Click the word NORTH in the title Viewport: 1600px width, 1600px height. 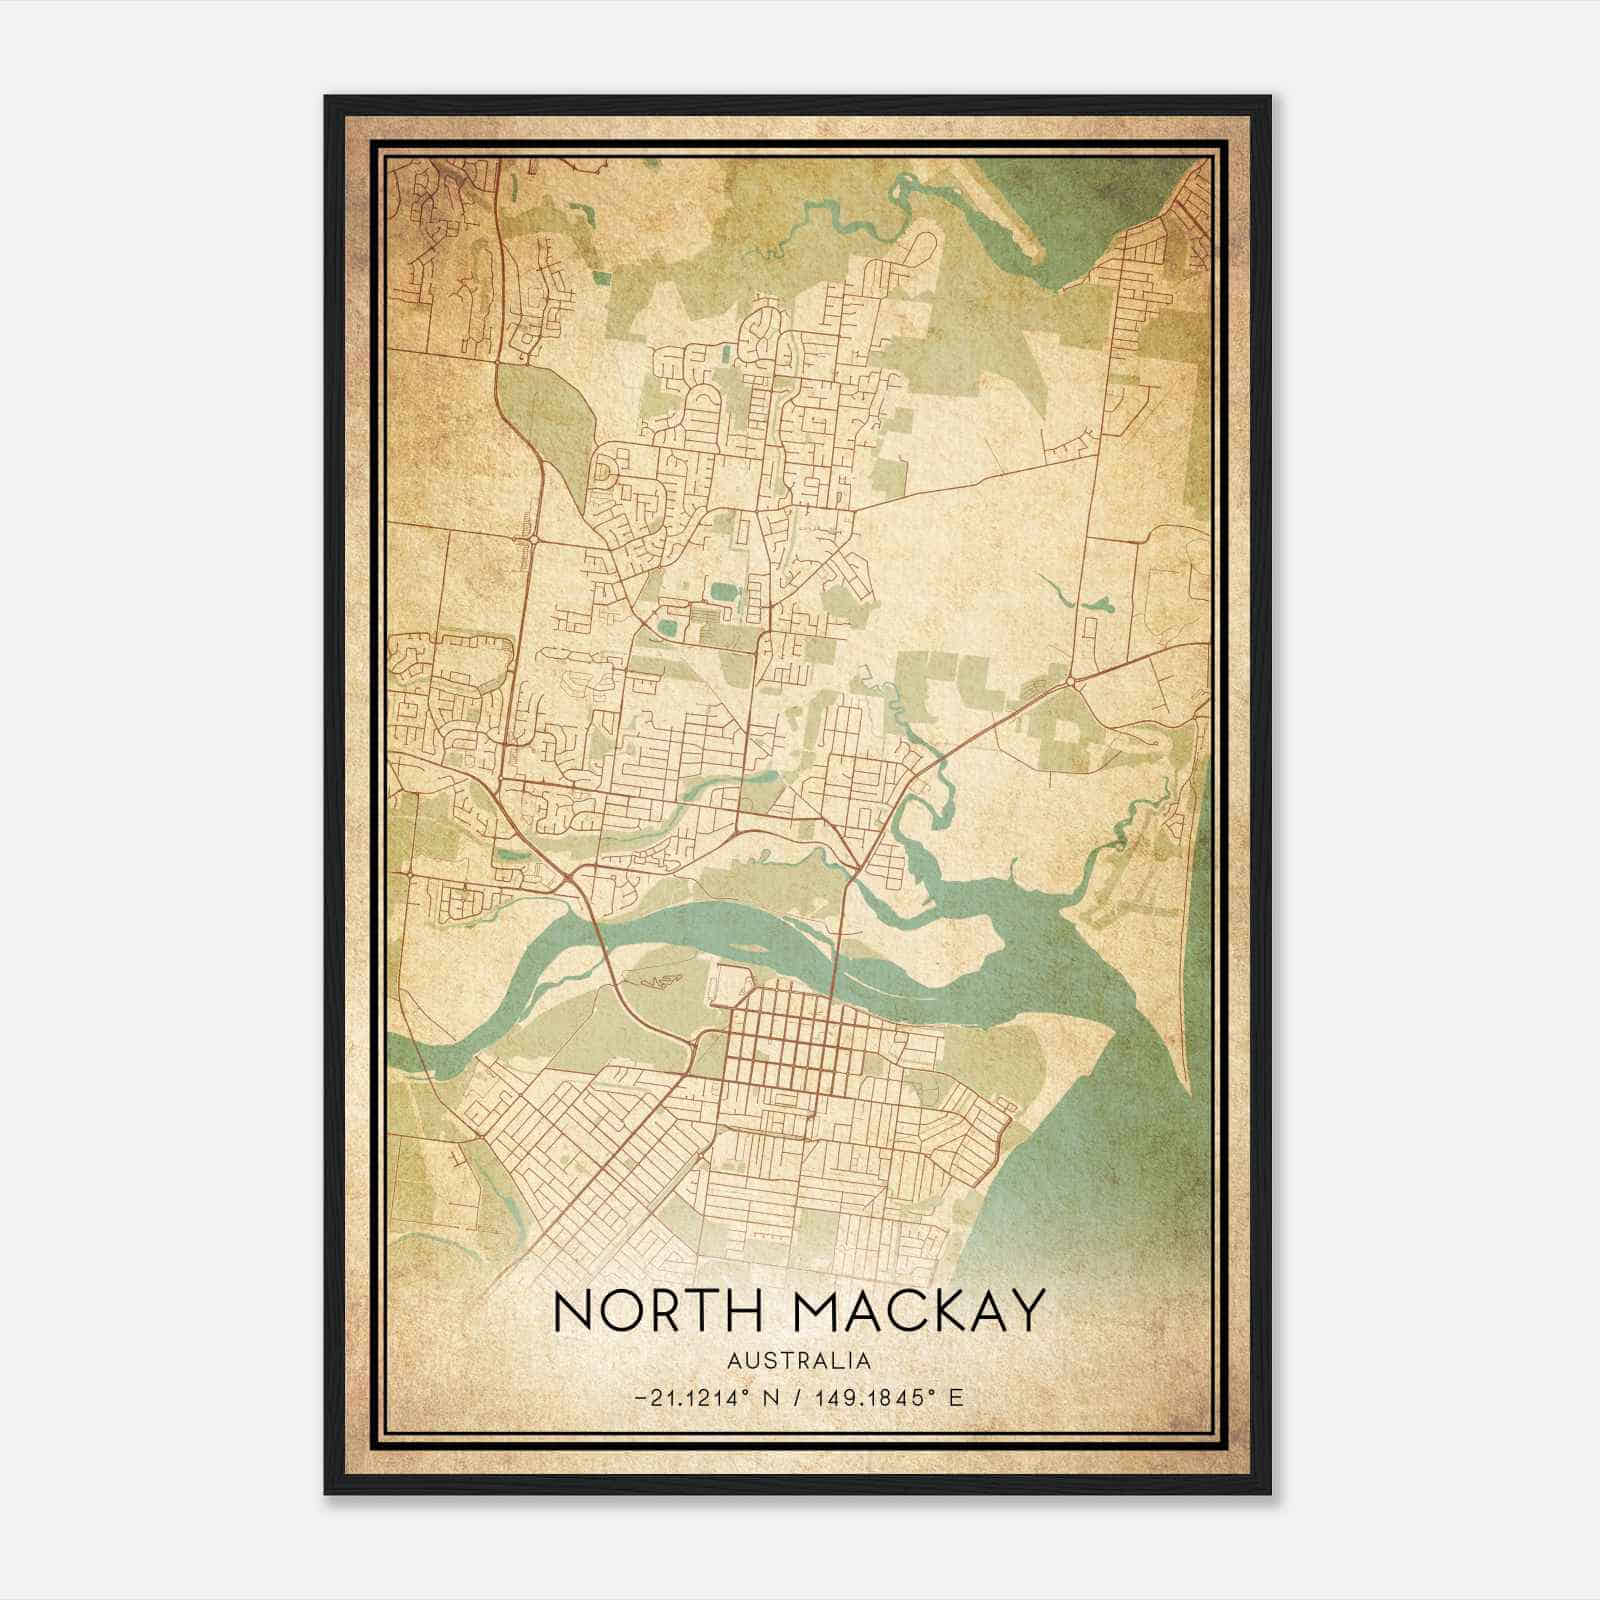(x=637, y=1311)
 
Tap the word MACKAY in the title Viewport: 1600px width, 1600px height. (x=905, y=1311)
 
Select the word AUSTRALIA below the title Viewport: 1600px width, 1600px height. (x=799, y=1361)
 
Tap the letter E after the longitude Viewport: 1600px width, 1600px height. (x=956, y=1397)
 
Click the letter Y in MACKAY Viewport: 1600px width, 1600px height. (x=1023, y=1311)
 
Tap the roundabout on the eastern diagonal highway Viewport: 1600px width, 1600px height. (x=1071, y=682)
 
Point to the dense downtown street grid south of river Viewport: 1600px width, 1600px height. (x=790, y=1040)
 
